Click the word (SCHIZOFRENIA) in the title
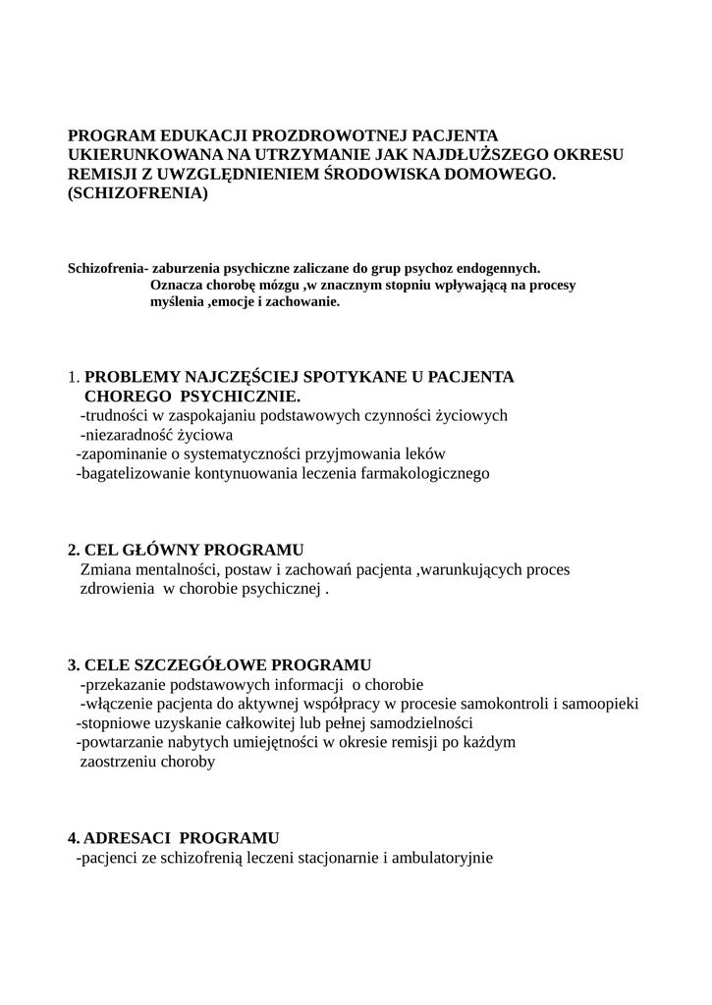click(x=138, y=194)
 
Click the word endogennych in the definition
click(x=499, y=268)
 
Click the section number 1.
click(x=73, y=377)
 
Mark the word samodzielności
click(x=419, y=723)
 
